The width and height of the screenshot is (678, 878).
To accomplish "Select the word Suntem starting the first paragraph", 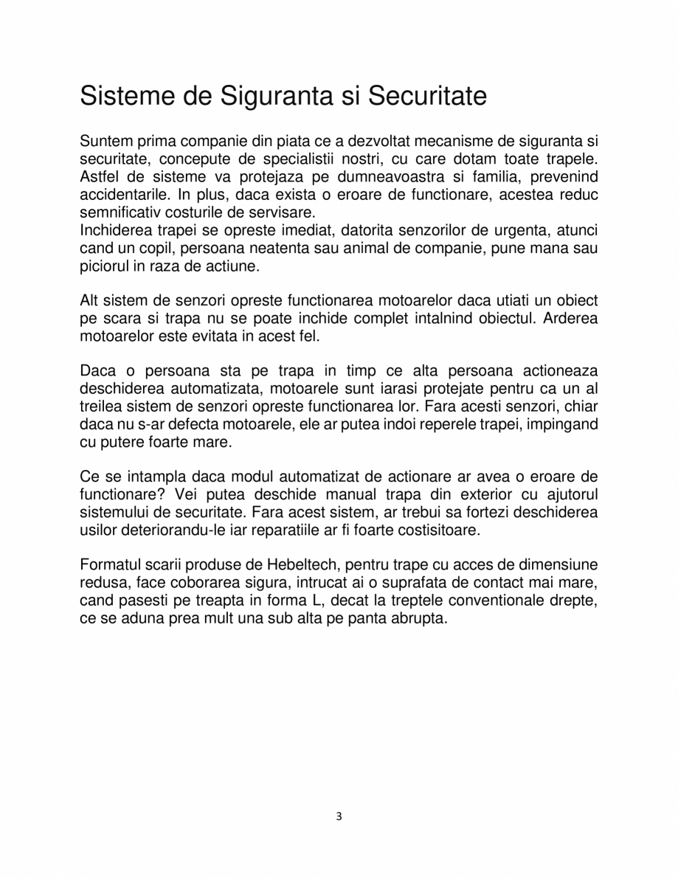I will coord(105,141).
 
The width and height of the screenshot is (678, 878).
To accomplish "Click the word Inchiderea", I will coord(114,229).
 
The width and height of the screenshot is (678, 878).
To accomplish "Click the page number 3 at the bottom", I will coord(339,816).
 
